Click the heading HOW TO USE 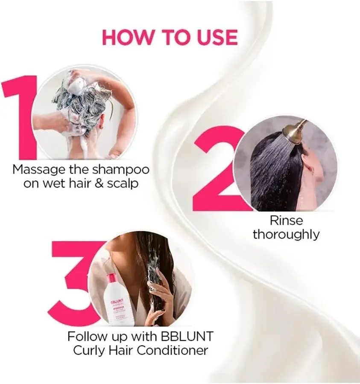[x=170, y=38]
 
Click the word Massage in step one [x=38, y=169]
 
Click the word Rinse [x=286, y=221]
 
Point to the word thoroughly [x=286, y=234]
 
